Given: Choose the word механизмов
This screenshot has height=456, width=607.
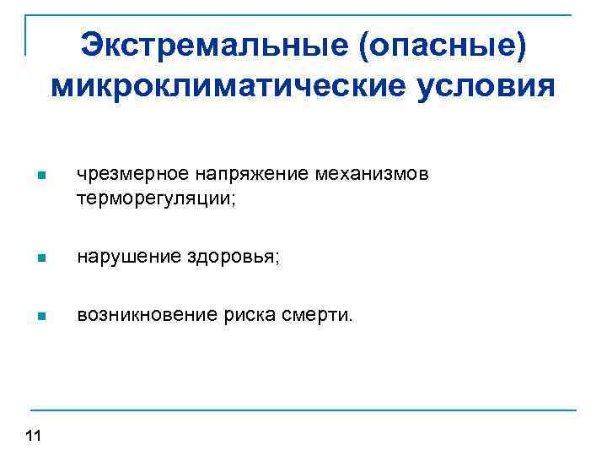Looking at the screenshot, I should click(x=373, y=175).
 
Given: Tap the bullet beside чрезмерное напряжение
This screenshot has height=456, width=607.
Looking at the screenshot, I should click(x=40, y=176).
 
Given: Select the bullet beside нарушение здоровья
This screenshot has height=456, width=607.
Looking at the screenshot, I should click(x=40, y=258).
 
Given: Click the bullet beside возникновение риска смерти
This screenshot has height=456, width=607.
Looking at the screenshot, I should click(x=40, y=318).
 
